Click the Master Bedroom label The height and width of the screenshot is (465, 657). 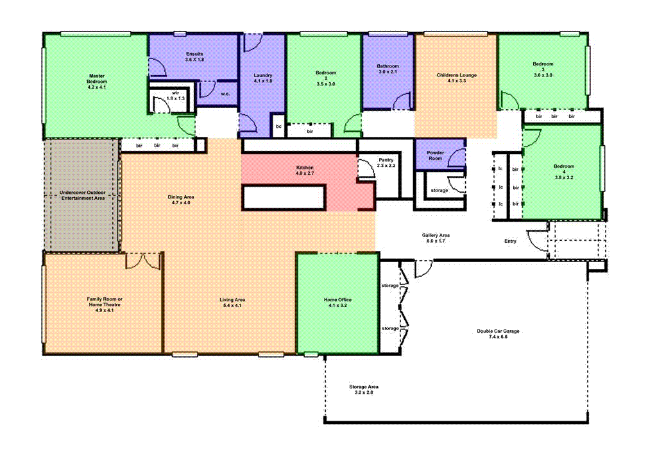pyautogui.click(x=97, y=82)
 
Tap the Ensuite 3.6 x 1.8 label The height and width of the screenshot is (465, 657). pyautogui.click(x=194, y=57)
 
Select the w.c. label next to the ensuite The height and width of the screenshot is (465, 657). pyautogui.click(x=225, y=94)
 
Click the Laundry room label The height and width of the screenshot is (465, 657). pyautogui.click(x=263, y=78)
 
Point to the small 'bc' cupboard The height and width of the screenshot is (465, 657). pyautogui.click(x=278, y=127)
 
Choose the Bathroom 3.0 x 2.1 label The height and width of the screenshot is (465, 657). pyautogui.click(x=388, y=69)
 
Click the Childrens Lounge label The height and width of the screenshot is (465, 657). pyautogui.click(x=456, y=78)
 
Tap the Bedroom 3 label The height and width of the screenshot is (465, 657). pyautogui.click(x=542, y=69)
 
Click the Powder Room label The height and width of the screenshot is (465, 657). pyautogui.click(x=435, y=155)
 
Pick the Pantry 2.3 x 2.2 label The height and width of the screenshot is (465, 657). pyautogui.click(x=386, y=162)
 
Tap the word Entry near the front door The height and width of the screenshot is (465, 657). pyautogui.click(x=510, y=241)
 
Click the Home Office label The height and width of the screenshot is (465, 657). pyautogui.click(x=337, y=303)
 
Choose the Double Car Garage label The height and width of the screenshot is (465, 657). pyautogui.click(x=498, y=334)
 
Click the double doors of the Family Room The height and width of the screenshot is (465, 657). pyautogui.click(x=142, y=260)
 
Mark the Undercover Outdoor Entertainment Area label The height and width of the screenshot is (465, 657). pyautogui.click(x=81, y=195)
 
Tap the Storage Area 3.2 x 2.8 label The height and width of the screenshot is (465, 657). pyautogui.click(x=363, y=389)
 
